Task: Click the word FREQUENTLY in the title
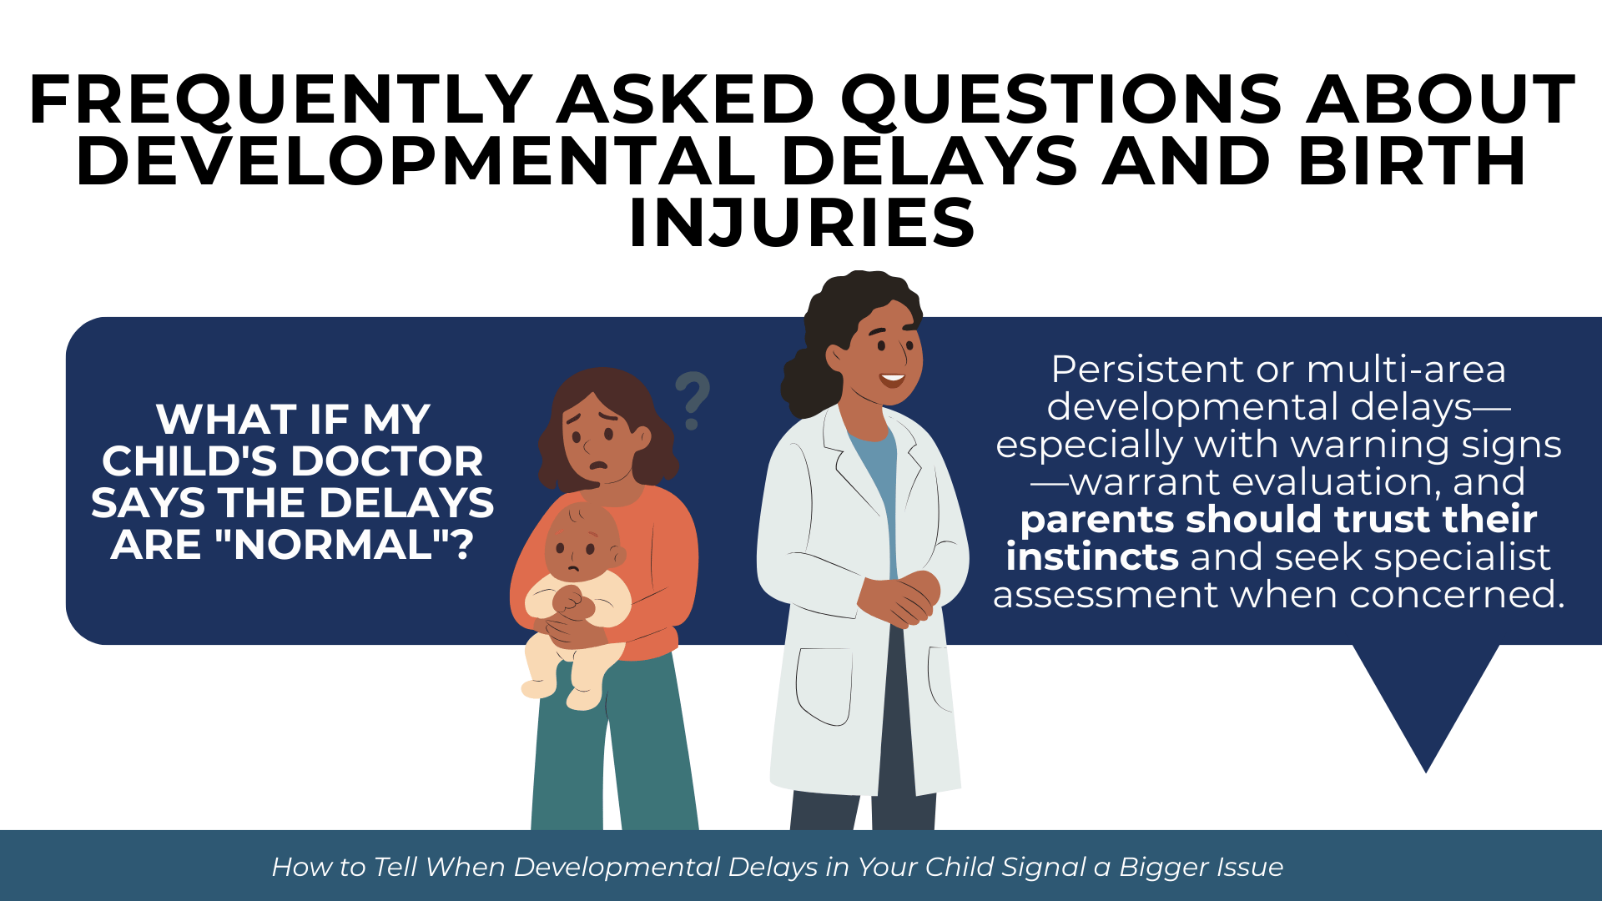coord(280,100)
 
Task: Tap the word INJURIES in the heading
coord(802,223)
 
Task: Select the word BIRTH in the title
coord(1412,161)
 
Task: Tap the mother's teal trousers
coord(613,742)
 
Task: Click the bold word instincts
coord(1092,556)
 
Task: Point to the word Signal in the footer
coord(1055,868)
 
